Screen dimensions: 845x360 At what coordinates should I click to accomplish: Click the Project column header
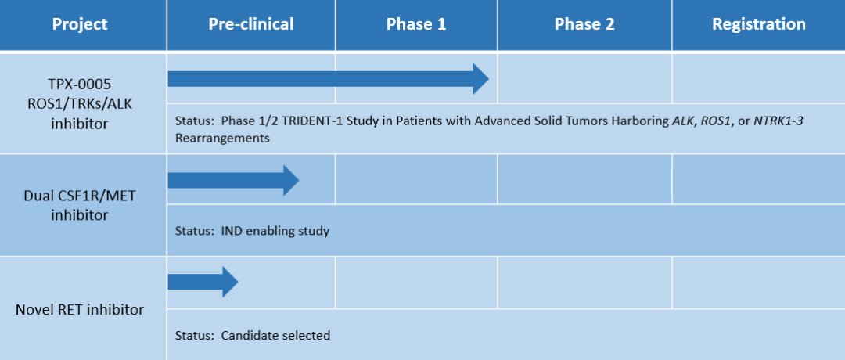[80, 24]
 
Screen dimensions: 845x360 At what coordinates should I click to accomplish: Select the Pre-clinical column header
[251, 24]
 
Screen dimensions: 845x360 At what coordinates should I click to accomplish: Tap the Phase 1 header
[416, 24]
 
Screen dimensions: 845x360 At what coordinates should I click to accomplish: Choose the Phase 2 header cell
[584, 24]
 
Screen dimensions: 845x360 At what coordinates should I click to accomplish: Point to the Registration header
[759, 24]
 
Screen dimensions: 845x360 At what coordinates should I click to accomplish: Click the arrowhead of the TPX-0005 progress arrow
[480, 79]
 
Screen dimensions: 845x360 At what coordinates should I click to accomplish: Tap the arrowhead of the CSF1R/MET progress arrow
[291, 181]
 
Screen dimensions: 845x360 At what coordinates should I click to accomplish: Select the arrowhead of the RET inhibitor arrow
[230, 281]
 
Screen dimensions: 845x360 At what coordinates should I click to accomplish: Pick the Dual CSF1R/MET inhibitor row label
[80, 205]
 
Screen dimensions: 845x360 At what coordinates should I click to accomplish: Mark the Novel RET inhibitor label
[80, 310]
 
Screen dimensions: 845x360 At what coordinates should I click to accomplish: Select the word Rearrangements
[222, 138]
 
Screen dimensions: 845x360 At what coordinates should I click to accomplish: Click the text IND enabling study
[275, 232]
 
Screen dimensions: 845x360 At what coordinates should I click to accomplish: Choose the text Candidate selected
[275, 335]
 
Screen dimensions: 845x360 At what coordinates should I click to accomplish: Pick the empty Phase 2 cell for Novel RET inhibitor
[584, 283]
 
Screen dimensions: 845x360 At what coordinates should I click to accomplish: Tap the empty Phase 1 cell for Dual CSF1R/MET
[416, 180]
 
